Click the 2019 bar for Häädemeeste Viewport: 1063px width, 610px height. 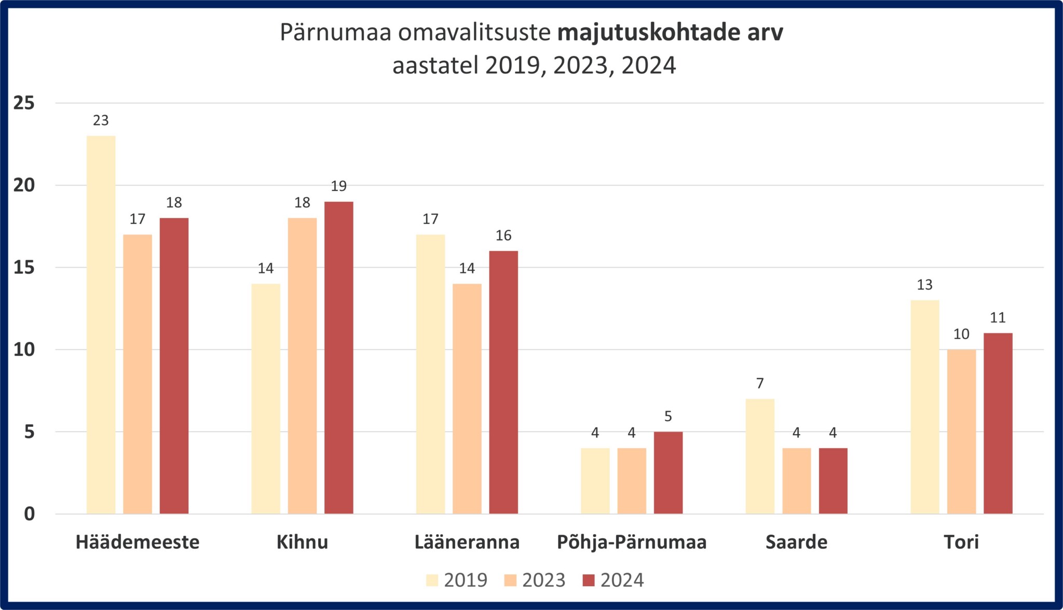101,325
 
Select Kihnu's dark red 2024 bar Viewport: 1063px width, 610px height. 338,357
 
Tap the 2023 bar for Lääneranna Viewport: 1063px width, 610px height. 467,398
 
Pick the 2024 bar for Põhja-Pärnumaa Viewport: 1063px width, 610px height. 668,473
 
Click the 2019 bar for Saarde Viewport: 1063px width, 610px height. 760,456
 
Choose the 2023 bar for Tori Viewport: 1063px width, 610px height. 961,432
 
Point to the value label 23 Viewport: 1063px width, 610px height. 101,121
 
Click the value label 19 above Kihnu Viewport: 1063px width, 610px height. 338,186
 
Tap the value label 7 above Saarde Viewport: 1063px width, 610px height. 760,383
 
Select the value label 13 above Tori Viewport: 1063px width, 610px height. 924,285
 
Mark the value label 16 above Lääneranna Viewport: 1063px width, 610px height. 503,235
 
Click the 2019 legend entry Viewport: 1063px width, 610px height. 457,580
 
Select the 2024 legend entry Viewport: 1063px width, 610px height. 613,580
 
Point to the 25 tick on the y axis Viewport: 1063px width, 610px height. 24,103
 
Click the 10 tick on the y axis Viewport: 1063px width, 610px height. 24,350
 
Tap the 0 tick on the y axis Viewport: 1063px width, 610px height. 29,514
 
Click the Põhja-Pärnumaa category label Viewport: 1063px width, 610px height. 632,542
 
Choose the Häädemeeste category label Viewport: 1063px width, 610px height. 138,542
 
